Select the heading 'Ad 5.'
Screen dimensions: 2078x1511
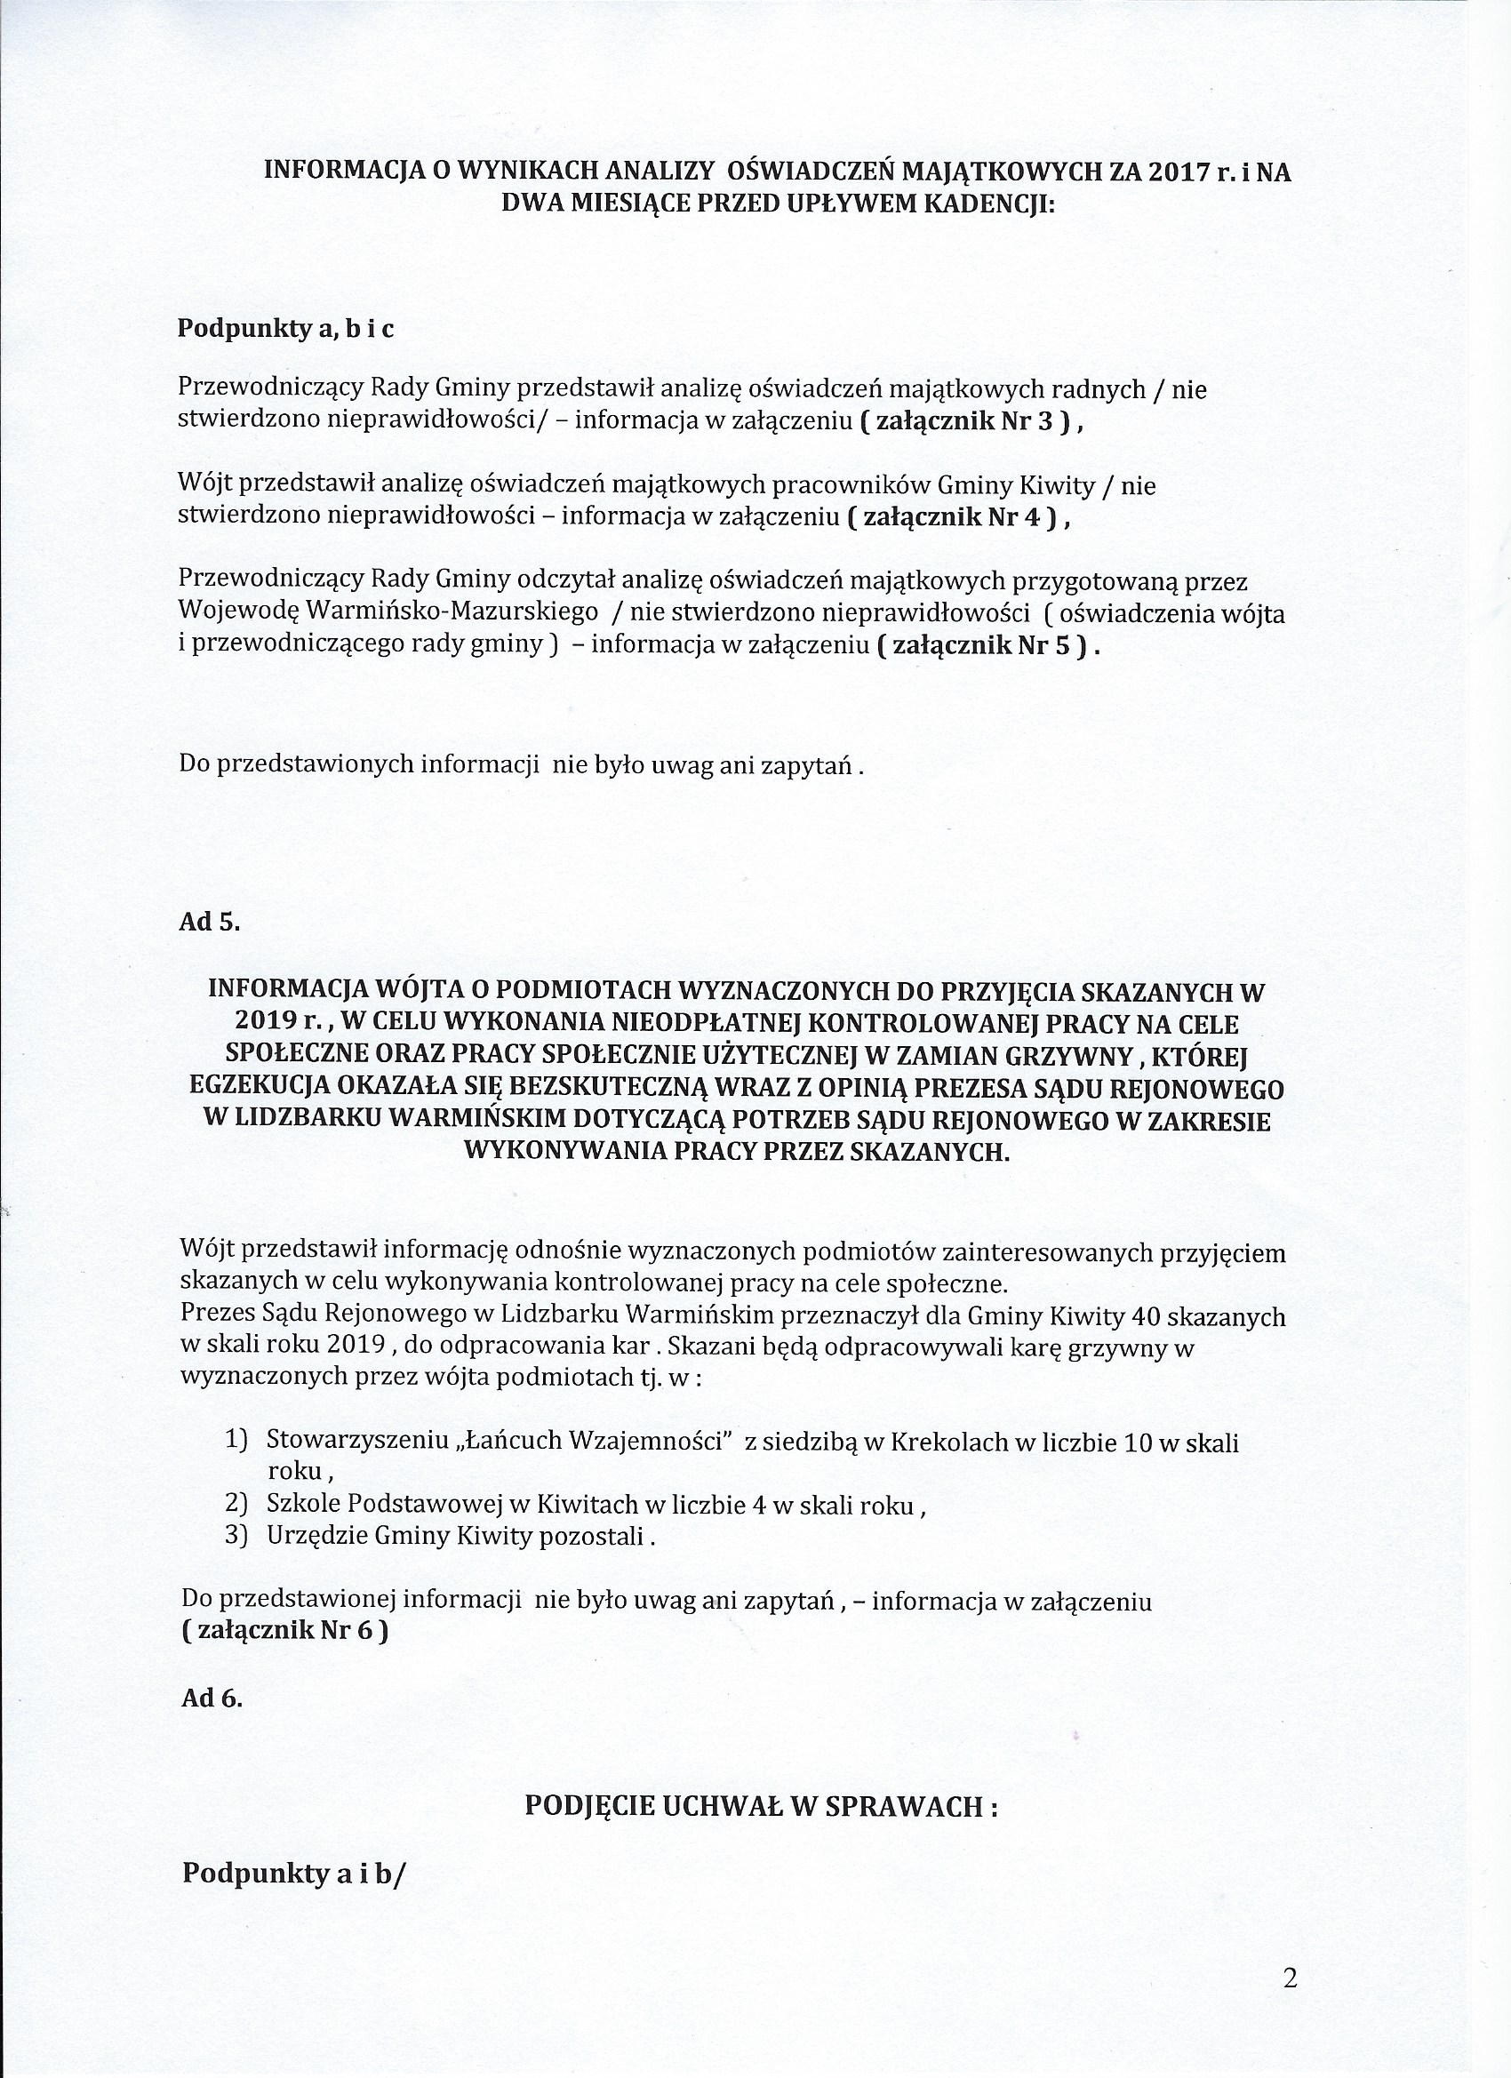coord(210,922)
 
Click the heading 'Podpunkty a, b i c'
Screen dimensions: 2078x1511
coord(286,329)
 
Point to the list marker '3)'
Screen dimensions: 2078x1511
coord(236,1535)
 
